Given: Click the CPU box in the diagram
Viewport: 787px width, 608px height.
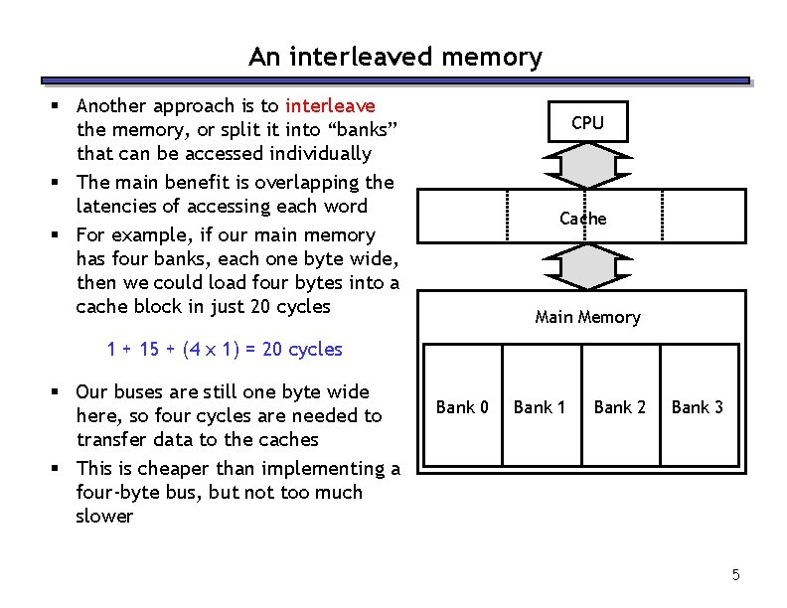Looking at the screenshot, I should pyautogui.click(x=587, y=123).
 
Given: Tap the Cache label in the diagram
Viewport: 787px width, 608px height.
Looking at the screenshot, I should pyautogui.click(x=582, y=219).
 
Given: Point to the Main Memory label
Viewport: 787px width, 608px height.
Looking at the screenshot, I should pyautogui.click(x=587, y=317).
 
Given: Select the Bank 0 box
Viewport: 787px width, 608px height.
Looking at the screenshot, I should pyautogui.click(x=462, y=406).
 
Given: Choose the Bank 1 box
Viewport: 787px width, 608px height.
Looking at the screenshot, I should pyautogui.click(x=540, y=406).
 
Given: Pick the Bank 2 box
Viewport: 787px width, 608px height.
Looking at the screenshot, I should pyautogui.click(x=619, y=406).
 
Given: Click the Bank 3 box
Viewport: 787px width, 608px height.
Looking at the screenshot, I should pyautogui.click(x=698, y=406).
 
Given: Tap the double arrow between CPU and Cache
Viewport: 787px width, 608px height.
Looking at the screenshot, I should pyautogui.click(x=587, y=166).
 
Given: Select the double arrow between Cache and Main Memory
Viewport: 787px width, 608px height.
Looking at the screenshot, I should pyautogui.click(x=587, y=266).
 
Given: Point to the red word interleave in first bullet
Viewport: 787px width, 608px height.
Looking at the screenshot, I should pyautogui.click(x=330, y=105).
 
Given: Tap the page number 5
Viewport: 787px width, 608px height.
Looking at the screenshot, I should pyautogui.click(x=736, y=574).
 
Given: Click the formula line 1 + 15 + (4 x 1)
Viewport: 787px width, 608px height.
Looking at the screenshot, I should pyautogui.click(x=224, y=350).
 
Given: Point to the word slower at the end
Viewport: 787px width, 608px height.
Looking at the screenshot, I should pyautogui.click(x=104, y=517).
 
